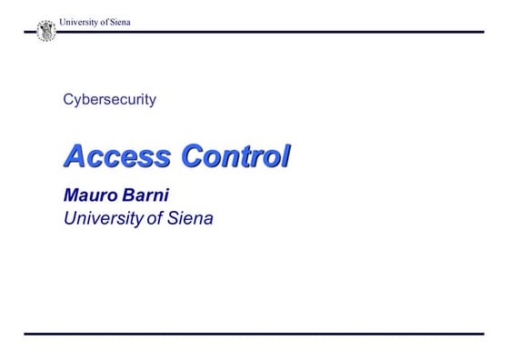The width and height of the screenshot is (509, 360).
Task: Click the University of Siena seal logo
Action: (45, 31)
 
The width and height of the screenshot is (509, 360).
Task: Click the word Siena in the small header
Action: (119, 22)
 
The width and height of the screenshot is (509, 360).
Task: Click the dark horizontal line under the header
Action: (273, 33)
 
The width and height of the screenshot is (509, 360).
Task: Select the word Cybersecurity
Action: (109, 100)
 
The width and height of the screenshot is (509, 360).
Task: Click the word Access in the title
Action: (116, 156)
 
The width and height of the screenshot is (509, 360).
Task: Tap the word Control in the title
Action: (235, 156)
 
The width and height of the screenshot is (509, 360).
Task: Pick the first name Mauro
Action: (92, 195)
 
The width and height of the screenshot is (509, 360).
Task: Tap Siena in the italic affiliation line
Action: (189, 218)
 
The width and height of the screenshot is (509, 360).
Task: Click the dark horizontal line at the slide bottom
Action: (254, 334)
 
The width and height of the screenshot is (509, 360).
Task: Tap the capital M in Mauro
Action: (72, 195)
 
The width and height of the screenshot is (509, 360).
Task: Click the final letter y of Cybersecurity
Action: (152, 102)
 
